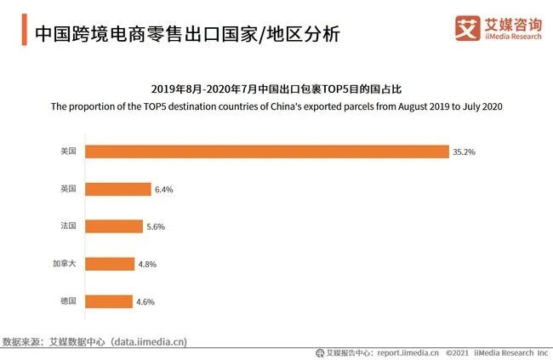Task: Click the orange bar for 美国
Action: point(267,151)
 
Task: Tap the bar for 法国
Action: point(114,226)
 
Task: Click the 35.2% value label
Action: point(464,152)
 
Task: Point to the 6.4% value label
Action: point(163,190)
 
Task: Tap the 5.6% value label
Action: point(155,227)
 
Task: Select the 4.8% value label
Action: point(147,265)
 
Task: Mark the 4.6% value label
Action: point(145,302)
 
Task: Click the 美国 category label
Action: point(68,151)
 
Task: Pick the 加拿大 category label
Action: point(65,264)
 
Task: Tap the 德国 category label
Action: point(68,301)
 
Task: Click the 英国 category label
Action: point(68,189)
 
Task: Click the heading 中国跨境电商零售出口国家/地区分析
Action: point(186,34)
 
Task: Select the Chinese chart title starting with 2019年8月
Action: point(276,89)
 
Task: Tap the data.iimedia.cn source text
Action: point(150,341)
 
